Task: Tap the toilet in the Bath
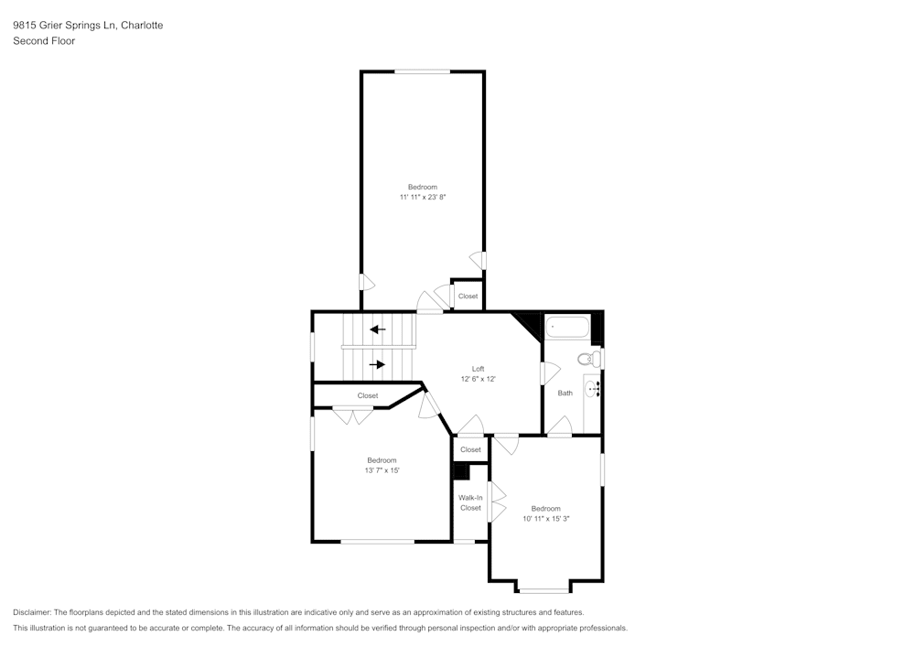click(594, 358)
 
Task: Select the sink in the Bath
click(591, 389)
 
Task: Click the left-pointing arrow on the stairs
click(377, 329)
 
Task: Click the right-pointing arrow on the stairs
click(377, 364)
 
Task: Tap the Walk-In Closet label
click(470, 502)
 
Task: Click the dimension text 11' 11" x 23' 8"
click(422, 197)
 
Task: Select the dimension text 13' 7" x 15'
click(382, 470)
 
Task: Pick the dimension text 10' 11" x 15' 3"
click(546, 519)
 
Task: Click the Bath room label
click(565, 394)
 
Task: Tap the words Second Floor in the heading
click(44, 41)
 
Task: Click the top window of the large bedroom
click(422, 71)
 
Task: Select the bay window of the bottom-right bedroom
click(544, 589)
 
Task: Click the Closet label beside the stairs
click(368, 395)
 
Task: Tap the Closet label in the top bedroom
click(468, 297)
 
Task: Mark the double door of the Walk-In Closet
click(497, 502)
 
